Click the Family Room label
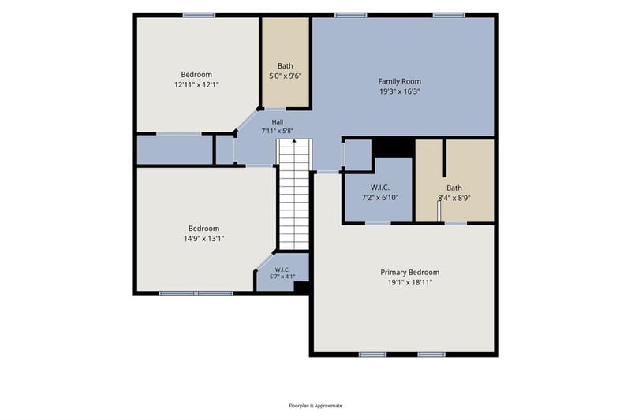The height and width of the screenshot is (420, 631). (x=399, y=81)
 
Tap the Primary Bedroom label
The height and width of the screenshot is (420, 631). (x=409, y=272)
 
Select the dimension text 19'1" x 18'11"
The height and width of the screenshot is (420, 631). (x=409, y=282)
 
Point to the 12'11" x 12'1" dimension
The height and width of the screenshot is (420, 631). (x=196, y=85)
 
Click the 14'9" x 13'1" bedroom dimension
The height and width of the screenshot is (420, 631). (x=203, y=238)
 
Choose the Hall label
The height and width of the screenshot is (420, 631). (x=278, y=122)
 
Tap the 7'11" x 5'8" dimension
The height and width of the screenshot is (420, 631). (x=278, y=131)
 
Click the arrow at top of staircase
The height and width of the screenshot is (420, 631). (x=294, y=141)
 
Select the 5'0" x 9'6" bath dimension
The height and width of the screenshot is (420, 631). (x=285, y=76)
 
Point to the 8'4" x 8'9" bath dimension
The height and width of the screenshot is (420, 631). (x=454, y=198)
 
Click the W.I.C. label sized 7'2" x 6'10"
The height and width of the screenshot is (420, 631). (x=380, y=188)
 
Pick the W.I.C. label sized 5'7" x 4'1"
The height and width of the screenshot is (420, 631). (x=282, y=269)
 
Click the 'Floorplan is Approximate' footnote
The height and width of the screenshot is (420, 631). (x=315, y=406)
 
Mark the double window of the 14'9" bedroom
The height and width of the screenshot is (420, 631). (x=196, y=293)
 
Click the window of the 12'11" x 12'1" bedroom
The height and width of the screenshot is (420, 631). (x=199, y=15)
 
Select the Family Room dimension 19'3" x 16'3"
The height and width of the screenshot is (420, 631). (x=399, y=91)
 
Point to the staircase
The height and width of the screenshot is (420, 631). (x=294, y=194)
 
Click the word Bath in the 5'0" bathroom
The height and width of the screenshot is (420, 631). (x=285, y=66)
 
